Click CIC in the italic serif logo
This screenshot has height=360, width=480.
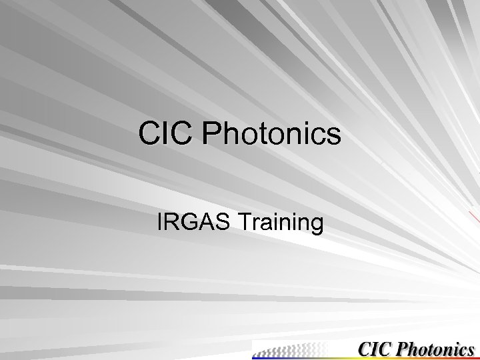pyautogui.click(x=375, y=349)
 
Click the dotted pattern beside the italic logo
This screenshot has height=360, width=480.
pyautogui.click(x=293, y=349)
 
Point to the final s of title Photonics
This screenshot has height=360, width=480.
pyautogui.click(x=333, y=135)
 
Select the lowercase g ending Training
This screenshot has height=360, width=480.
pyautogui.click(x=316, y=225)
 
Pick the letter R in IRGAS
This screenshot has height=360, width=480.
pyautogui.click(x=172, y=222)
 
